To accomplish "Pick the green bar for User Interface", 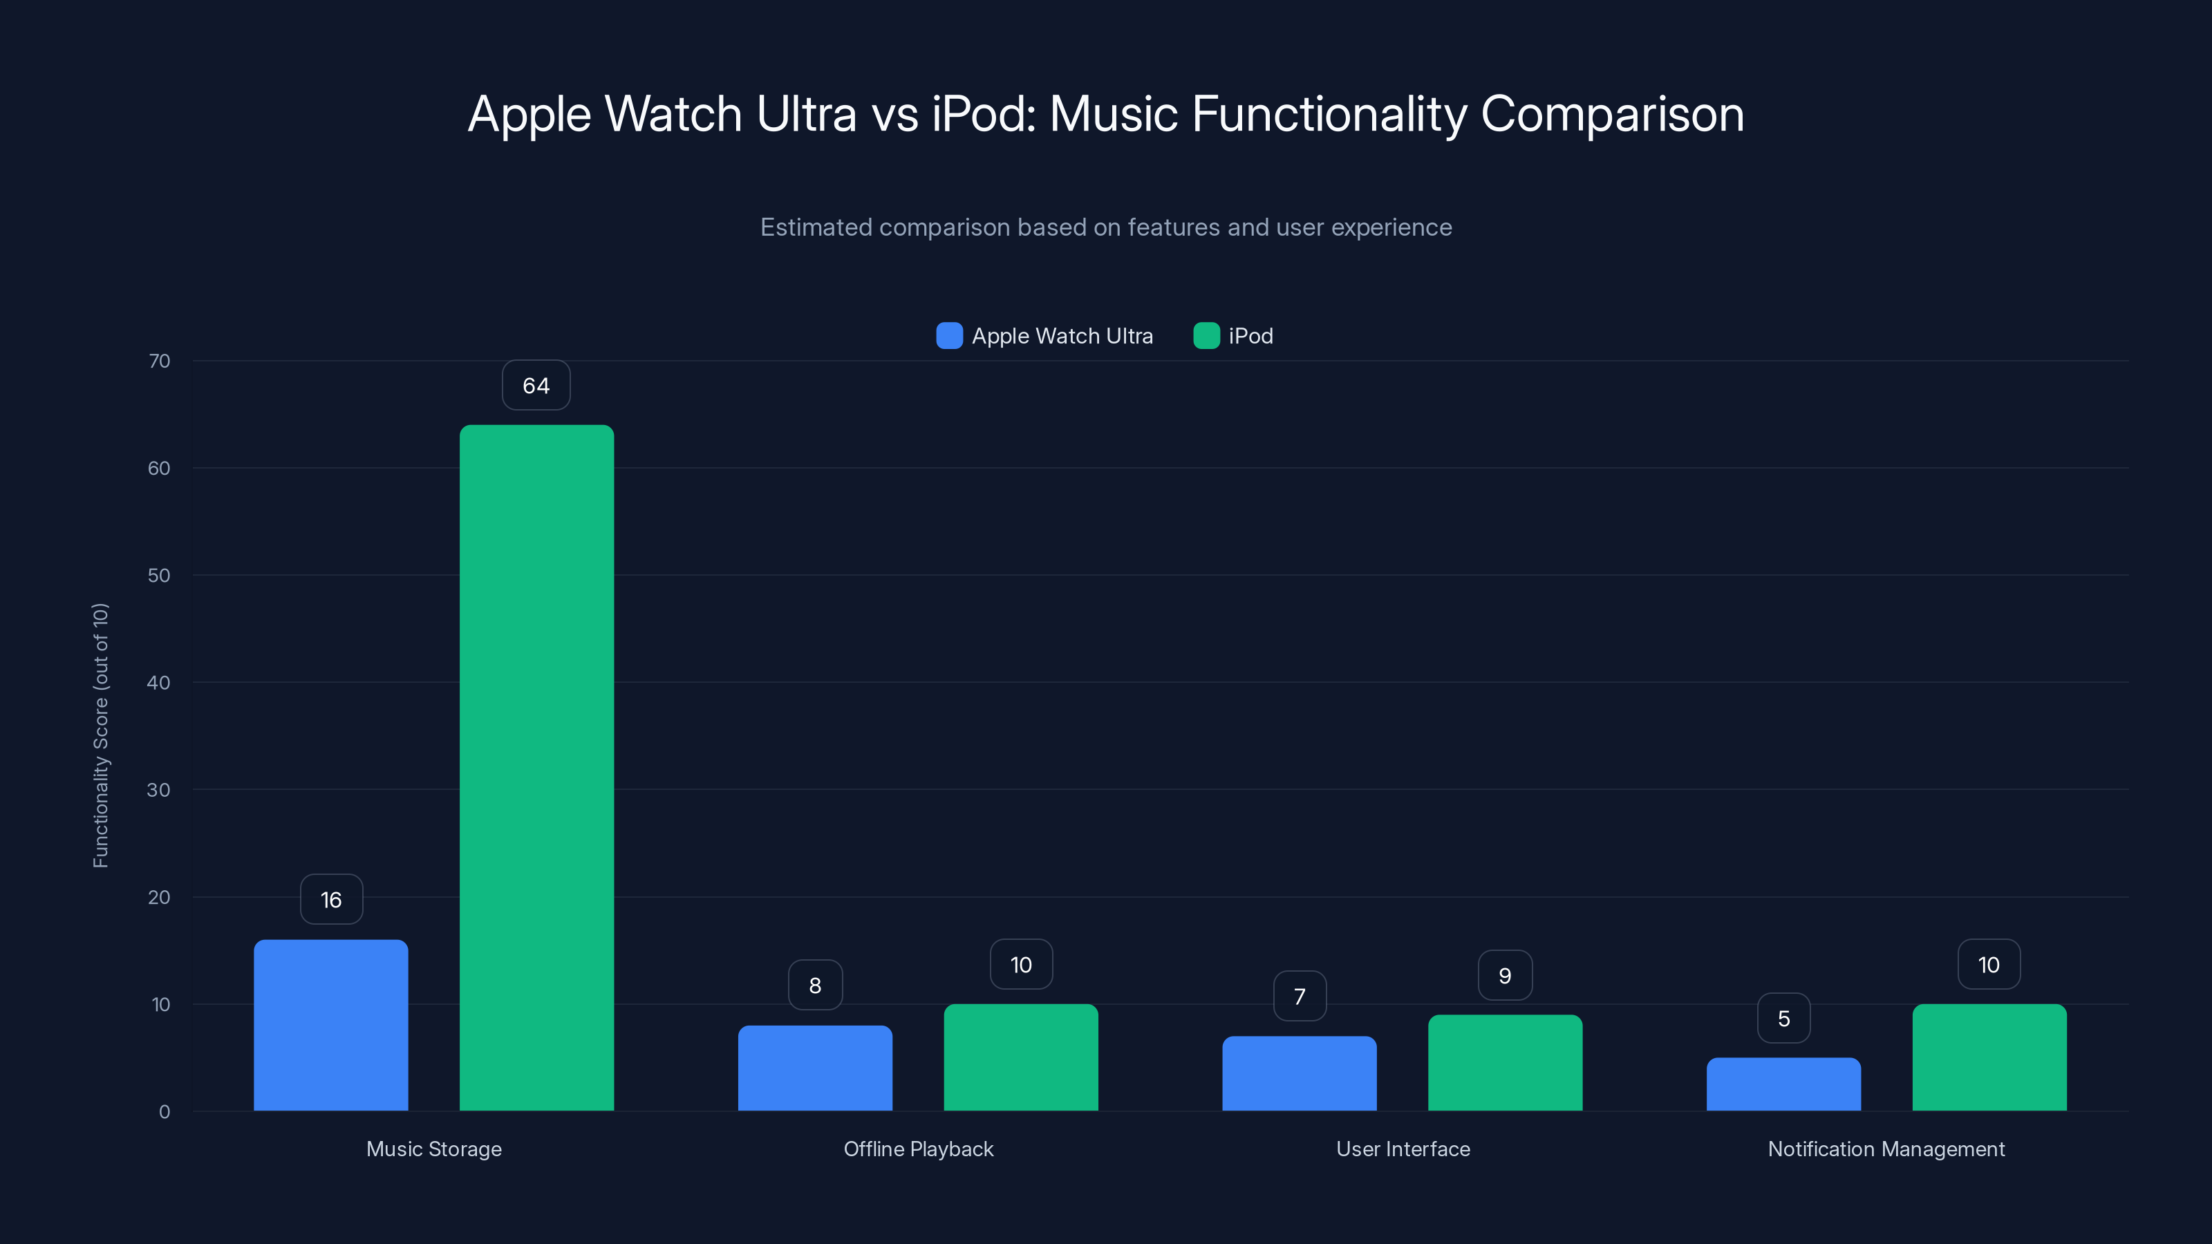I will (x=1504, y=1062).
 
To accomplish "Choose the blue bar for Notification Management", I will (x=1783, y=1084).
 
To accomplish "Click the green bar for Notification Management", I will (x=1989, y=1057).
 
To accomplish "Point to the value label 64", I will (x=536, y=386).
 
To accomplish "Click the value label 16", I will (x=332, y=900).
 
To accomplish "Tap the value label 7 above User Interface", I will (x=1300, y=996).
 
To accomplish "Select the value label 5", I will (x=1783, y=1018).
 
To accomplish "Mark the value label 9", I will (x=1504, y=975).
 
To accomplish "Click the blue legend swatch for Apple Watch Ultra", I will (x=949, y=336).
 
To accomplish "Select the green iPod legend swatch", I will (x=1206, y=336).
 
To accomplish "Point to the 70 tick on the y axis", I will (x=159, y=361).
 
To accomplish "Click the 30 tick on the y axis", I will (x=159, y=790).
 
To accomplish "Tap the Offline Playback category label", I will (x=918, y=1149).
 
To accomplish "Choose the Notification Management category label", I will (x=1886, y=1149).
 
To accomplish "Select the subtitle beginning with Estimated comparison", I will (x=1106, y=227).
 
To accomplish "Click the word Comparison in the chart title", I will (x=1612, y=114).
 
